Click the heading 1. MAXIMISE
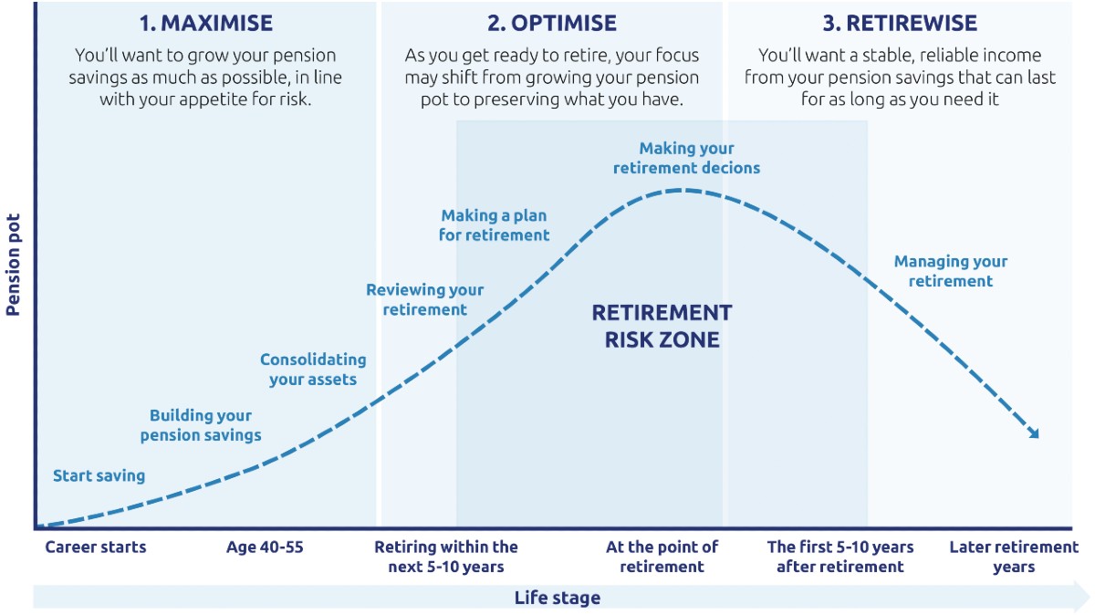(x=205, y=23)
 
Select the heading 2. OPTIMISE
(x=551, y=23)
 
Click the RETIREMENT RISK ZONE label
(x=662, y=327)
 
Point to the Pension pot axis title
(x=13, y=266)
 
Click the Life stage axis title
(x=557, y=598)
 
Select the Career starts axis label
(x=96, y=547)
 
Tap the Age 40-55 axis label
(x=265, y=547)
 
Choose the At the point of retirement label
(x=662, y=557)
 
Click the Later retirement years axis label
(x=1014, y=557)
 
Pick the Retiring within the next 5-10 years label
(x=446, y=557)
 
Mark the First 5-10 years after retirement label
(x=840, y=557)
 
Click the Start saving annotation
(x=99, y=475)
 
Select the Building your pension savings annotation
(x=201, y=425)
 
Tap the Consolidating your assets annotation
(x=313, y=370)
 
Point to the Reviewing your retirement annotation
(x=425, y=299)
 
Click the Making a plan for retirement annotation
(x=495, y=225)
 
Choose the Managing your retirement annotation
(x=951, y=271)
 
